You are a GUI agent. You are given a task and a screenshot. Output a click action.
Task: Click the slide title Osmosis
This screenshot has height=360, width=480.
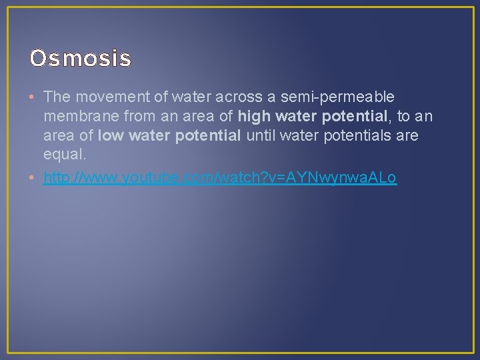click(x=80, y=59)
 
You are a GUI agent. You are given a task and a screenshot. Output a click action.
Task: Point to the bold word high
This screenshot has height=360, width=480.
click(x=254, y=117)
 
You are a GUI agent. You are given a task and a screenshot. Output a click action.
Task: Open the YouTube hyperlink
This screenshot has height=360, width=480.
click(x=220, y=178)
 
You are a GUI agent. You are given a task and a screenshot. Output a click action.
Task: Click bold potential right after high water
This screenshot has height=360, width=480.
click(x=354, y=117)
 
